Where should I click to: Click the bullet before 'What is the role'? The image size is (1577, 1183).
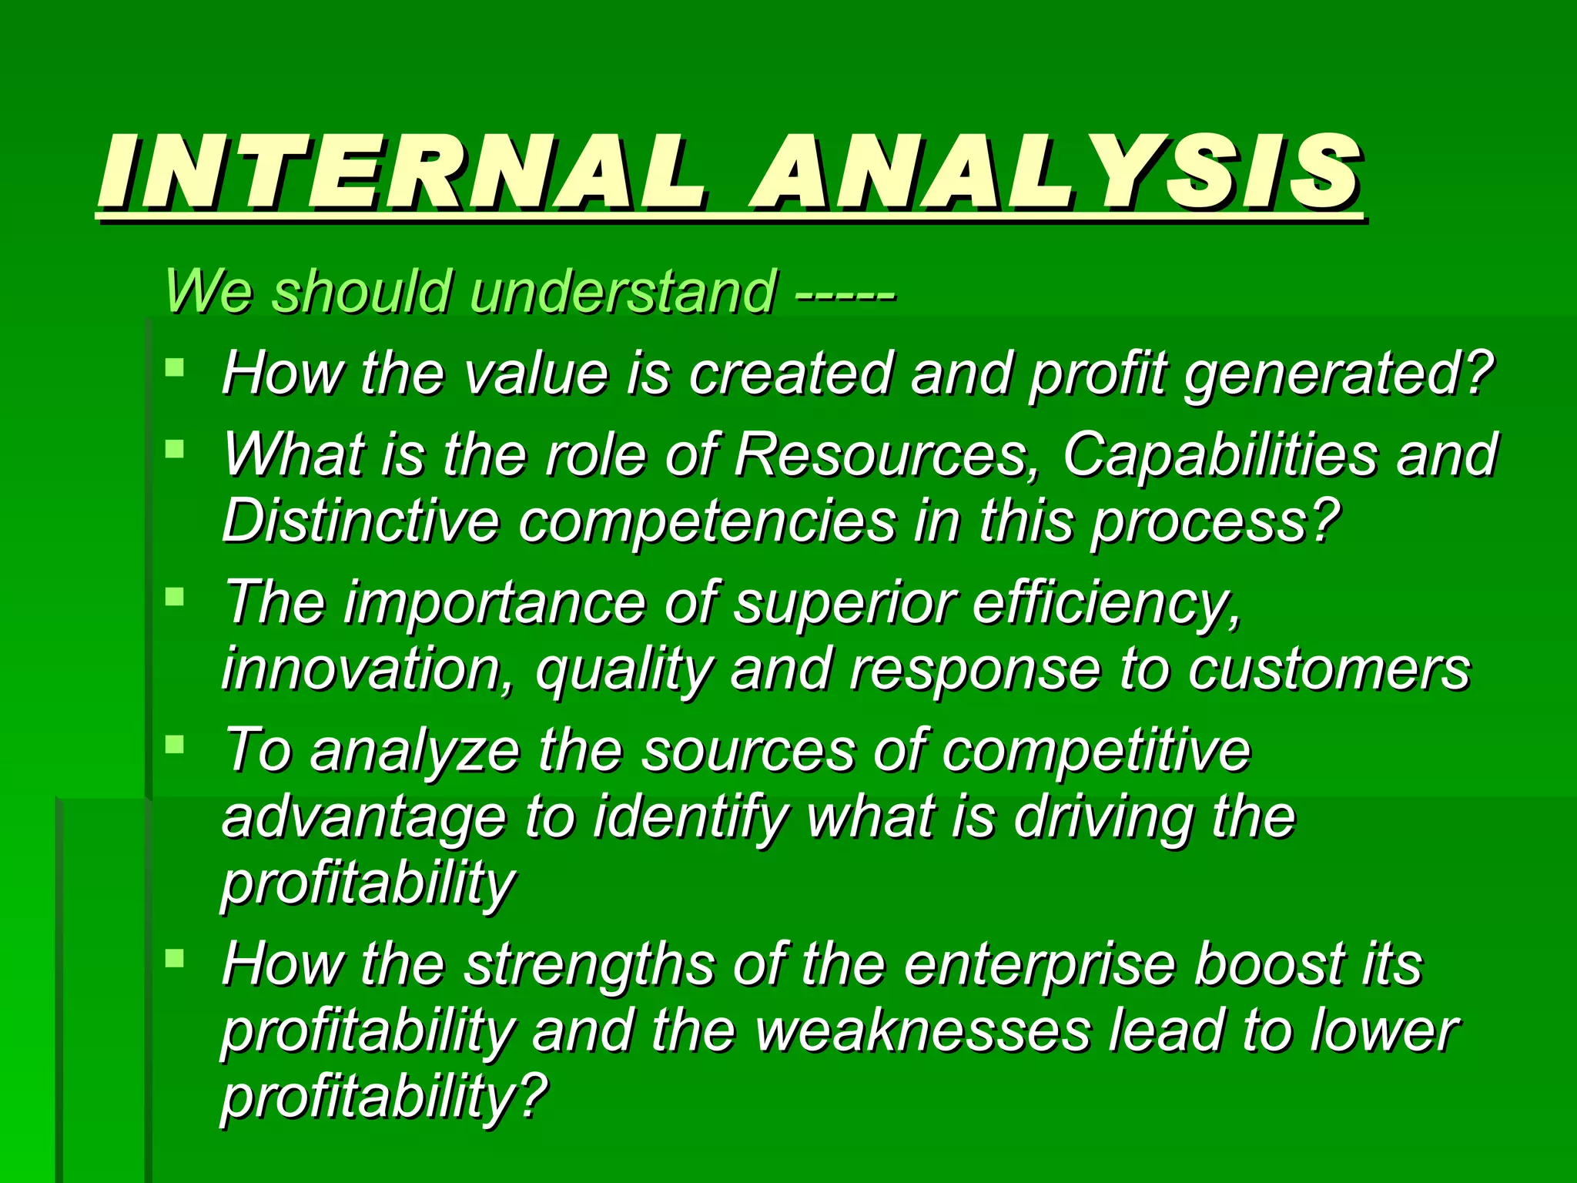pyautogui.click(x=175, y=448)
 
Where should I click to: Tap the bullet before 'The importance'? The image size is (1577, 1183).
pyautogui.click(x=175, y=596)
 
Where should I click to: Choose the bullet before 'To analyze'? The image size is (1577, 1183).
pyautogui.click(x=175, y=744)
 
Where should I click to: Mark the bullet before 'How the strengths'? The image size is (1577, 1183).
pyautogui.click(x=175, y=958)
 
